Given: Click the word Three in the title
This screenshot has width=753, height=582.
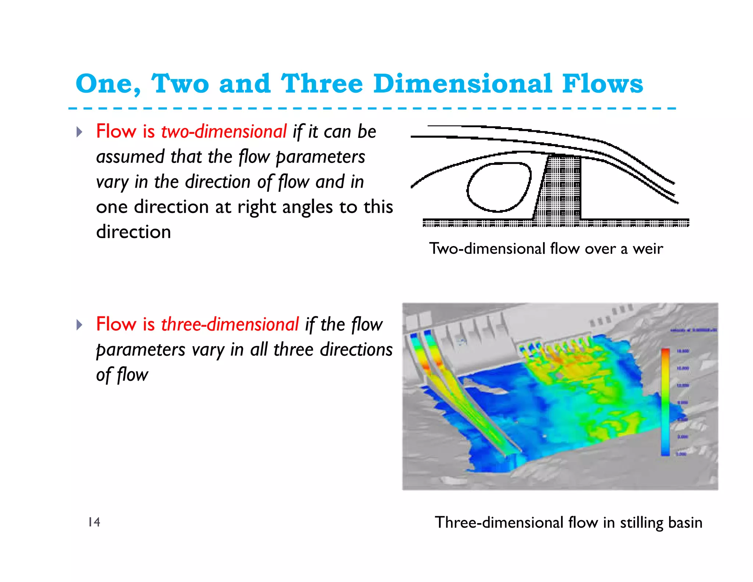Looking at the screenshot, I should coord(322,84).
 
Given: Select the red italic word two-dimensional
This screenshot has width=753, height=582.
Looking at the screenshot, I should coord(224,132).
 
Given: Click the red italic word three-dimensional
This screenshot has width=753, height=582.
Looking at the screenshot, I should coord(230,324).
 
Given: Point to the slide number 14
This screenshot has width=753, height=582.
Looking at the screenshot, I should coord(94,522).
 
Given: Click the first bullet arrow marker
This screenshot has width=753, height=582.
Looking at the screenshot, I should coord(79,132).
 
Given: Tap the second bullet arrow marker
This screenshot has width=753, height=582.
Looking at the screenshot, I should coord(79,325).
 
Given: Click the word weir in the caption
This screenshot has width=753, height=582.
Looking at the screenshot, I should coord(647,249).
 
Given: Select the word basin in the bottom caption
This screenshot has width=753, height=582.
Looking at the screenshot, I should coord(685,522).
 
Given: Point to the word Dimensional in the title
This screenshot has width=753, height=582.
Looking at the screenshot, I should coord(463,84).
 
